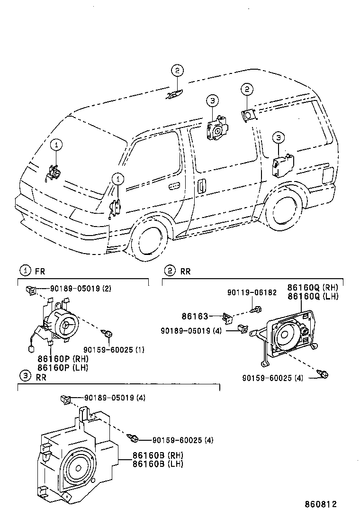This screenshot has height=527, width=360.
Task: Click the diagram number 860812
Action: tap(320, 504)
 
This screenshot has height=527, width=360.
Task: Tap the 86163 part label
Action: tap(194, 316)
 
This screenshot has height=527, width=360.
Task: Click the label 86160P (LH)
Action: tap(63, 367)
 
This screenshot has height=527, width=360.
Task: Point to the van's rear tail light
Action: tap(327, 176)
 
